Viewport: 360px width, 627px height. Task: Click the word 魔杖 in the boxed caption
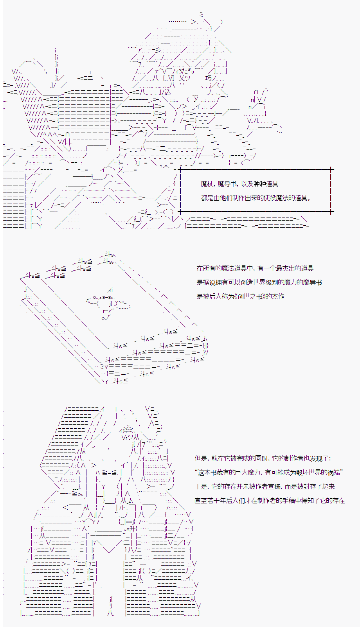pos(207,184)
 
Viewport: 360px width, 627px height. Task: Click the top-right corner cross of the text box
pos(331,169)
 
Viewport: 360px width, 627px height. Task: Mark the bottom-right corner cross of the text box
pos(331,212)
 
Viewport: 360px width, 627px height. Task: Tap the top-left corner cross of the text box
pos(180,169)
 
